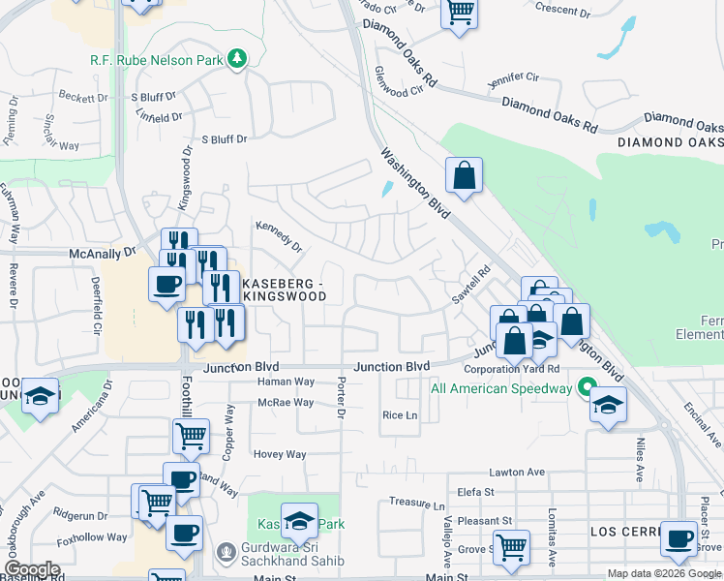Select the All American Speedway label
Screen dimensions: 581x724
500,388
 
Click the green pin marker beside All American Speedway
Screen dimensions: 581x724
586,388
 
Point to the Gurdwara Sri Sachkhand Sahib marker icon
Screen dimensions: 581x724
226,551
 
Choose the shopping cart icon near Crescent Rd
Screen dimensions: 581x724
460,13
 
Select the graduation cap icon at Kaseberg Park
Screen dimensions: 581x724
300,520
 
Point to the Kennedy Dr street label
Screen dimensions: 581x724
279,237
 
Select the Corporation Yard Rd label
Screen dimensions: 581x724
512,369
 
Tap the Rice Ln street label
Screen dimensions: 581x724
400,414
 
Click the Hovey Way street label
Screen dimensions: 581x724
280,454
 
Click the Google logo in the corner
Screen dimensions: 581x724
32,569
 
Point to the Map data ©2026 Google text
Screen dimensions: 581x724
663,573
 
